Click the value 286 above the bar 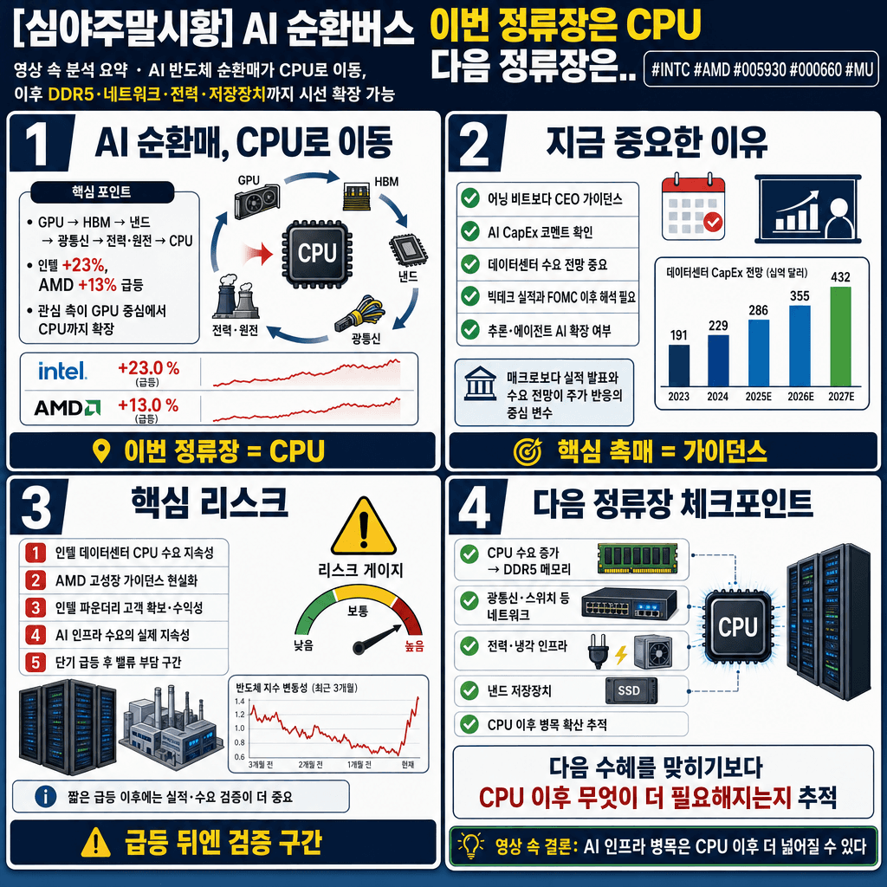[x=758, y=309]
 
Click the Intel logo [x=62, y=372]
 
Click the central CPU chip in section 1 [x=316, y=253]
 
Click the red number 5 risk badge [x=36, y=663]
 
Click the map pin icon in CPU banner [x=102, y=450]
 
